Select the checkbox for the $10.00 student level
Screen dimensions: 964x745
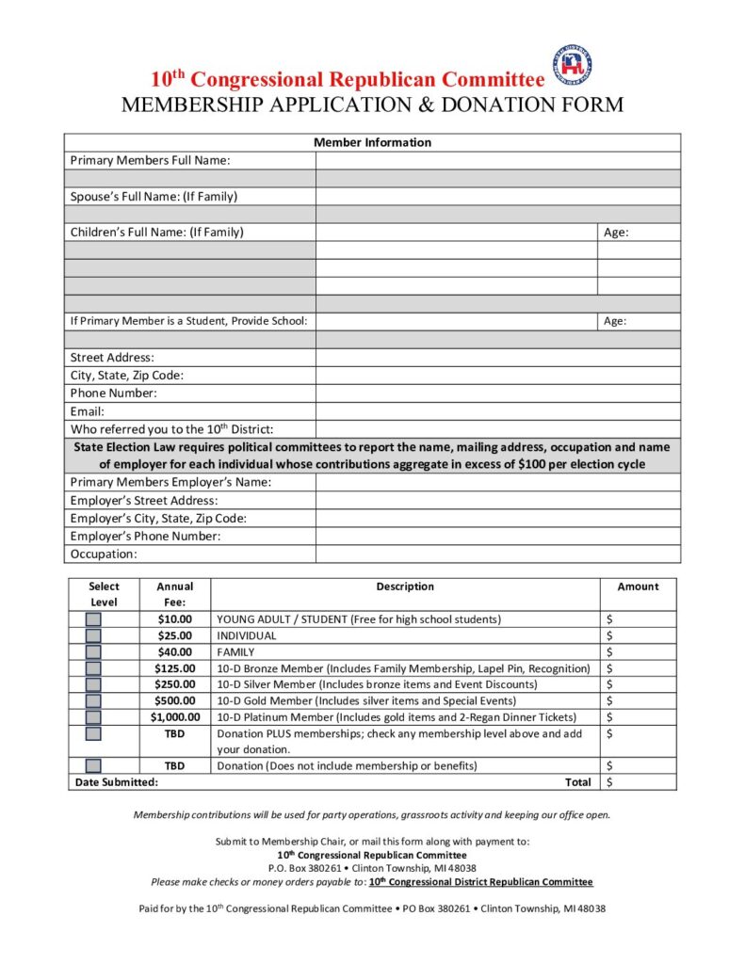[x=94, y=619]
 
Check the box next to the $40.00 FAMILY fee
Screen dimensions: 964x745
[x=94, y=651]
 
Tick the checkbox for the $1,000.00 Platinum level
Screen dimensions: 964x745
[x=94, y=716]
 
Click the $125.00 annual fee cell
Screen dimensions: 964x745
[x=175, y=668]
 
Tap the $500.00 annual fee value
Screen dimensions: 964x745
[x=175, y=700]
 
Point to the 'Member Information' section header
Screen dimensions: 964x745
[x=372, y=142]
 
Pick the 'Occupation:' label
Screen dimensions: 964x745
[x=104, y=554]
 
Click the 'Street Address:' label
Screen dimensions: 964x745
[x=112, y=358]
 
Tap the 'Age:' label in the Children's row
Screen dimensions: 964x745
[x=616, y=233]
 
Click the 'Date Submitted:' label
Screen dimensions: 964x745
[x=116, y=782]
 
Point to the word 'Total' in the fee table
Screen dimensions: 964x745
[x=577, y=782]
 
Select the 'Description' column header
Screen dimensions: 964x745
[x=405, y=586]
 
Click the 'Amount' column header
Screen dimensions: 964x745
[x=638, y=586]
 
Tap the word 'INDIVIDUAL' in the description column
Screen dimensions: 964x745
[x=247, y=635]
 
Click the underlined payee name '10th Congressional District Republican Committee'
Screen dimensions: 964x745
[x=480, y=882]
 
